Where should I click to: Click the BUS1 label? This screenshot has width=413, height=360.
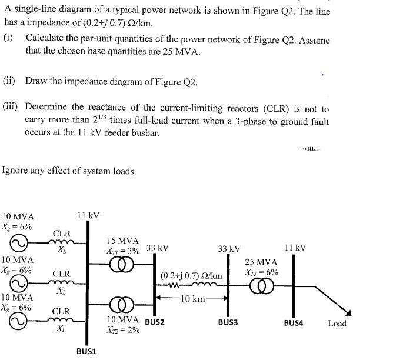coord(87,351)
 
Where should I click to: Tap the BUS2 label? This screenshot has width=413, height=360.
coord(155,322)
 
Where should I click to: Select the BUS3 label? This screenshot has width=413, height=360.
coord(228,322)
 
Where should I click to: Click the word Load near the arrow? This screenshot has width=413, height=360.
coord(337,323)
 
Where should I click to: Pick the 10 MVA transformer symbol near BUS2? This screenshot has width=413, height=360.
coord(123,306)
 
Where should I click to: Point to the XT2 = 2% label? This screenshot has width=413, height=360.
coord(123,330)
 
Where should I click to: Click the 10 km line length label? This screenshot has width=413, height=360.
coord(192,299)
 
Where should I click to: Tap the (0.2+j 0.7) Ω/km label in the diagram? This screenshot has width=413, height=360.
coord(191,275)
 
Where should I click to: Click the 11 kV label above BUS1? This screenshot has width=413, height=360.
coord(88,215)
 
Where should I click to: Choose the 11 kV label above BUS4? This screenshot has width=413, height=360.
coord(294,248)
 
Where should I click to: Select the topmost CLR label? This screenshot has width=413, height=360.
coord(62,234)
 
